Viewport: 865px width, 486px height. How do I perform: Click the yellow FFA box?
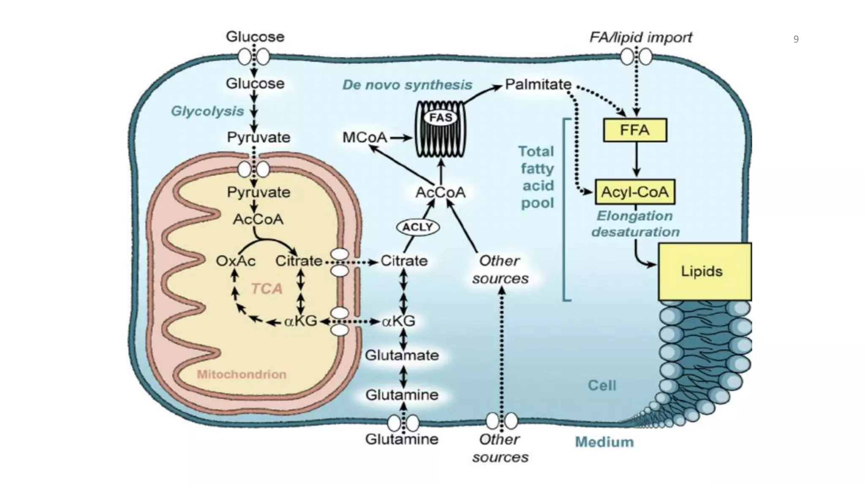(x=635, y=130)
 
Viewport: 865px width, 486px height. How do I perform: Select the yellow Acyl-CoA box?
(x=635, y=192)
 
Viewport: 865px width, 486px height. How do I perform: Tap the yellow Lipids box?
(x=705, y=271)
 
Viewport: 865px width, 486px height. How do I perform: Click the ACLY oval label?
(x=418, y=227)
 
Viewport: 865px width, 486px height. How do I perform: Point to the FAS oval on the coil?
(x=441, y=117)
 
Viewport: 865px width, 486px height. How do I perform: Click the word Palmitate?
(x=538, y=84)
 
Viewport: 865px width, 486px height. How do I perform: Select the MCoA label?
(x=364, y=138)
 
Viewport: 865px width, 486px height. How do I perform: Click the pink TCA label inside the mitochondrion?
(x=267, y=289)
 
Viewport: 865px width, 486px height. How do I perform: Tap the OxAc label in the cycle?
(x=235, y=261)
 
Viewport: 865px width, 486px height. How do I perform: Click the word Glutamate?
(x=402, y=355)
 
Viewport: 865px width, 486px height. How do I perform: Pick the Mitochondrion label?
(x=242, y=375)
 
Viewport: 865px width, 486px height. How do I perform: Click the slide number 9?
(x=796, y=40)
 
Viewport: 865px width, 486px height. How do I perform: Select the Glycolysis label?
(x=207, y=111)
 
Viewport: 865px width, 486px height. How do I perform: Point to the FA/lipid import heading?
(x=640, y=38)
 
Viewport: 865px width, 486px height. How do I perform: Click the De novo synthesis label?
(x=407, y=85)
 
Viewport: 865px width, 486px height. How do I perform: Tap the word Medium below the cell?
(x=604, y=442)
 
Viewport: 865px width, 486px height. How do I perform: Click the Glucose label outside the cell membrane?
(x=255, y=37)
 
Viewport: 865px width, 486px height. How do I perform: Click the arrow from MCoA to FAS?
(x=400, y=138)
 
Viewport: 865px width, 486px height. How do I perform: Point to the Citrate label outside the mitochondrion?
(x=404, y=261)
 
